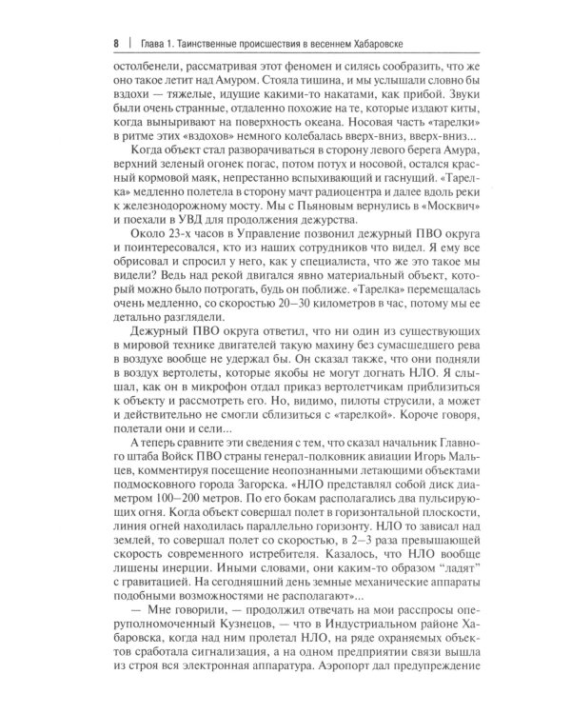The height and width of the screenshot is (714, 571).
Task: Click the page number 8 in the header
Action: click(x=115, y=43)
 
